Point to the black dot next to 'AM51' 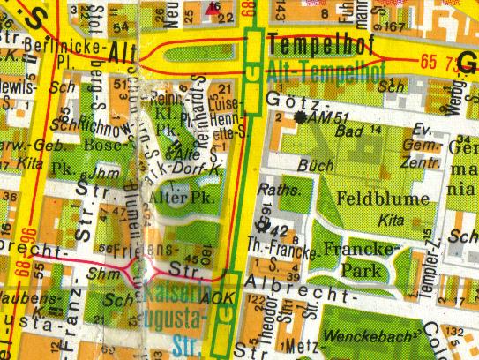[x=303, y=116]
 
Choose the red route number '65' [x=430, y=61]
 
